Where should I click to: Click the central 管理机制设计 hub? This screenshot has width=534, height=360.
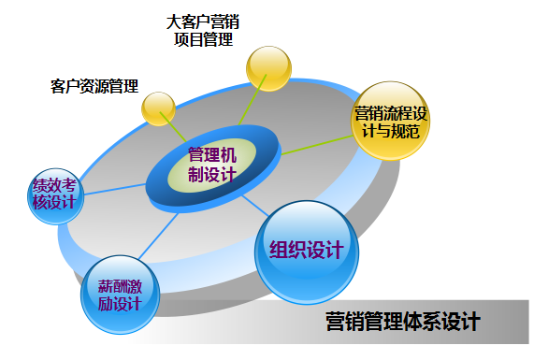click(x=212, y=165)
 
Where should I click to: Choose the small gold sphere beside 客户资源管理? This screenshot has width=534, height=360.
click(x=158, y=108)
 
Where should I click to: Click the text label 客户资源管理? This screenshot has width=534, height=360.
click(x=94, y=86)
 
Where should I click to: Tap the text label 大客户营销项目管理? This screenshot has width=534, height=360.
click(x=203, y=30)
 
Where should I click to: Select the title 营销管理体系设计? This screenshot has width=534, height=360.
click(x=402, y=323)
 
